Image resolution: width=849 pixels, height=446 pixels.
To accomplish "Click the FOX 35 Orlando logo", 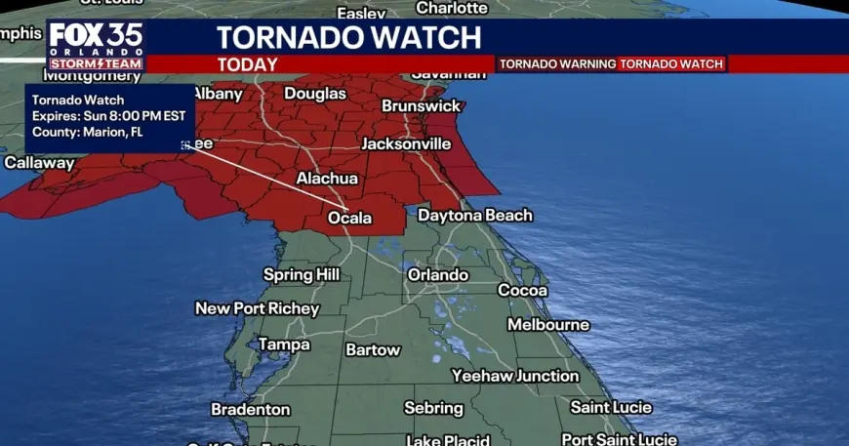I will coord(96,45).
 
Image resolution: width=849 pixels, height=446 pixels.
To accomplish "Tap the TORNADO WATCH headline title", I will coord(348,38).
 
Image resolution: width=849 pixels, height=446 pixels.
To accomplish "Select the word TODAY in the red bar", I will coord(247,64).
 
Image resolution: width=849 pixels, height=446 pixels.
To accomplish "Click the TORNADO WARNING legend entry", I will coord(557,64).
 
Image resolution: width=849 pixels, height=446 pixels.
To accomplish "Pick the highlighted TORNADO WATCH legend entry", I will coord(671,64).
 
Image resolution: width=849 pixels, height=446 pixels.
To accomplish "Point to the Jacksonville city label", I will coord(406,143).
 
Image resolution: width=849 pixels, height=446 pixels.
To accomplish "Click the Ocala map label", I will coord(349,218).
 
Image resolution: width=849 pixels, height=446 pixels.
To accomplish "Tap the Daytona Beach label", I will coord(475,215).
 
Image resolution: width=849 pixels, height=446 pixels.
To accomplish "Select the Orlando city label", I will coord(437,275).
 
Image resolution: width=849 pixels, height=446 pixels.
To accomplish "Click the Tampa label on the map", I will coord(284,344).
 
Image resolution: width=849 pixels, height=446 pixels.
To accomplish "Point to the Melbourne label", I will coord(548,324).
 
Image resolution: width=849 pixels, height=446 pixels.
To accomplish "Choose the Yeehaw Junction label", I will coord(514,376).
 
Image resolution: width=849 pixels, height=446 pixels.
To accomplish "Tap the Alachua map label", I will coord(327,179).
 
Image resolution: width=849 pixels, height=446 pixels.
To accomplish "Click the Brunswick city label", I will coord(421,105).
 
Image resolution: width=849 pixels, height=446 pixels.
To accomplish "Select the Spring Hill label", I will coord(302,275).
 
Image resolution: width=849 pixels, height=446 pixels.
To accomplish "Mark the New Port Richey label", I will coord(257,308).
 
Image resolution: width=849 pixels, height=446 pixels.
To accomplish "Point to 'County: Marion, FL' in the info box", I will coord(88,133).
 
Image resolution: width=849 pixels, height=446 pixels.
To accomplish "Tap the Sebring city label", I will coord(433,408).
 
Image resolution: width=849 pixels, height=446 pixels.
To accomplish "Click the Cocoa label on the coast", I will coord(523,291).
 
